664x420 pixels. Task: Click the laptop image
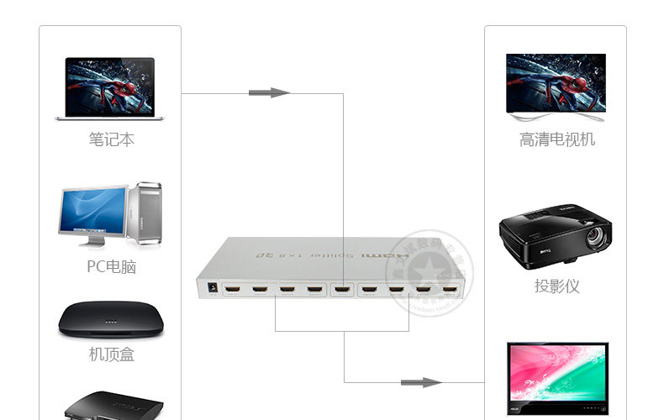pyautogui.click(x=109, y=88)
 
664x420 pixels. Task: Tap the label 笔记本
pyautogui.click(x=112, y=139)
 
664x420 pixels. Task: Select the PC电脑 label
pyautogui.click(x=111, y=267)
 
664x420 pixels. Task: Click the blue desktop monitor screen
pyautogui.click(x=92, y=210)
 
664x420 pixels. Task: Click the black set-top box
pyautogui.click(x=109, y=320)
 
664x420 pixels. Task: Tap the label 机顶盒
pyautogui.click(x=112, y=354)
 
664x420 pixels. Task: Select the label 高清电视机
pyautogui.click(x=557, y=139)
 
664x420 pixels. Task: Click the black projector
pyautogui.click(x=556, y=232)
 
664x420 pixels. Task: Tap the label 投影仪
pyautogui.click(x=557, y=286)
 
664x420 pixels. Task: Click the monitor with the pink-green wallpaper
pyautogui.click(x=556, y=374)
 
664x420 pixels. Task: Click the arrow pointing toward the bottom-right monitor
pyautogui.click(x=420, y=382)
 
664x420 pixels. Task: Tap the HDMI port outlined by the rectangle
pyautogui.click(x=342, y=291)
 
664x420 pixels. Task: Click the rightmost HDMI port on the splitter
pyautogui.click(x=451, y=292)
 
